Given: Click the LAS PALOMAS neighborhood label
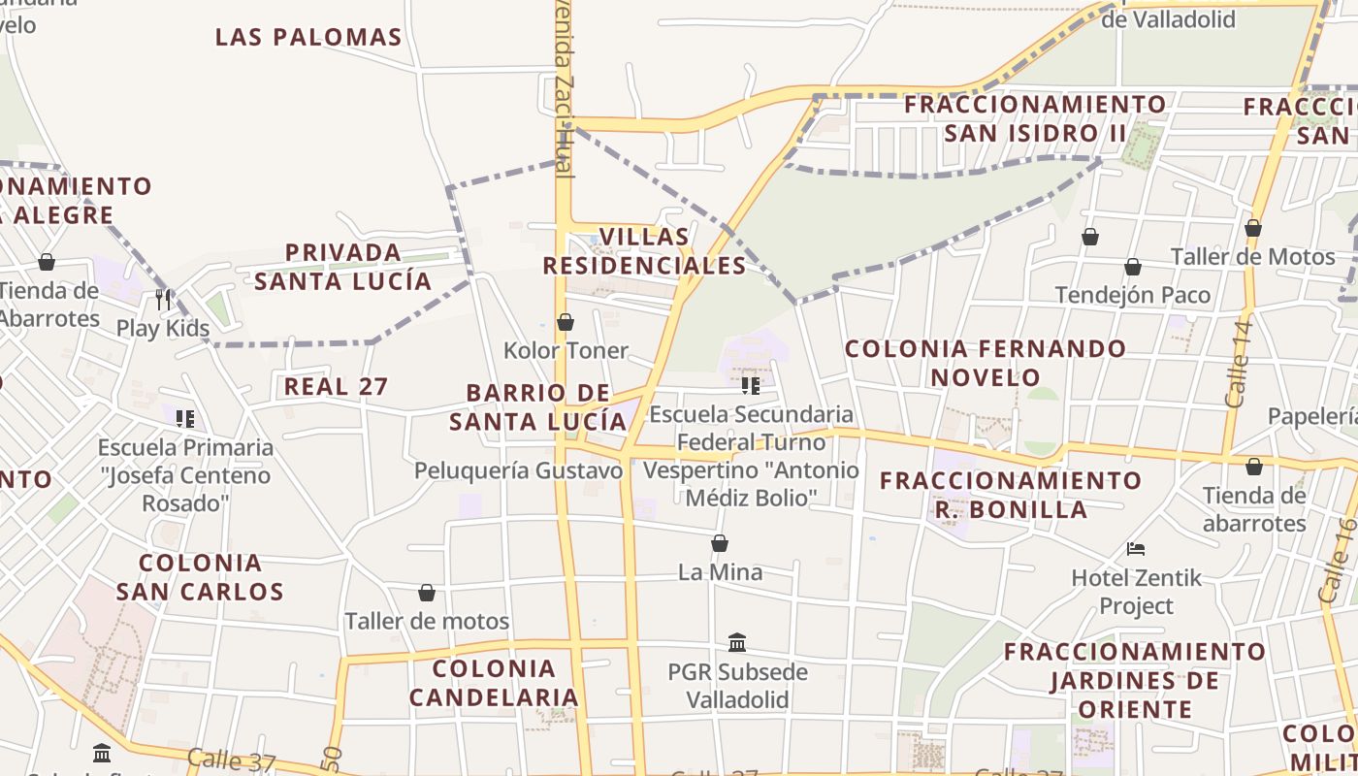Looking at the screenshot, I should (x=308, y=38).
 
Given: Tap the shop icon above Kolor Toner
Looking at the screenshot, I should (x=566, y=322).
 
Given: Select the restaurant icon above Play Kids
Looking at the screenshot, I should (x=163, y=300).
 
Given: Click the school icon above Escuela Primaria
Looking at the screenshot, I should (x=185, y=419).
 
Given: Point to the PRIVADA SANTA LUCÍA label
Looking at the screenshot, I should (x=342, y=267).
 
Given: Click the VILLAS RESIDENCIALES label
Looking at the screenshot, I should (x=644, y=251).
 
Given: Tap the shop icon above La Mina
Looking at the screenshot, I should (x=720, y=543).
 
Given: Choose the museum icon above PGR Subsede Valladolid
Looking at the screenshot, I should (x=737, y=642).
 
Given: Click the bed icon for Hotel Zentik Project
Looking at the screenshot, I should (x=1136, y=549).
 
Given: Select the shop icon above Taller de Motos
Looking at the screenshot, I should (x=1253, y=229).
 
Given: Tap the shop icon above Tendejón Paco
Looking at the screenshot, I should (x=1133, y=267).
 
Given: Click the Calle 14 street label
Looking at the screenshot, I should (x=1239, y=363).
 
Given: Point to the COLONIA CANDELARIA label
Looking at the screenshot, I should (x=494, y=683).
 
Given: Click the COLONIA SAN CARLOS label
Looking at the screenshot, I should (x=200, y=577).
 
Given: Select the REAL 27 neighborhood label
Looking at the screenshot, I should (x=336, y=387).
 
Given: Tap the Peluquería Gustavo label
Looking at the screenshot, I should (x=518, y=471).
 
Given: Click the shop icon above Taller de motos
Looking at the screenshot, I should (x=427, y=593).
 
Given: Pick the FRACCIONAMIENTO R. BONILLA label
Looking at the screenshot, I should (x=1011, y=495).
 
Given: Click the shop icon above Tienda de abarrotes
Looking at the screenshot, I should (x=1254, y=468).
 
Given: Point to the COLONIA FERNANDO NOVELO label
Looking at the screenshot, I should (x=986, y=363).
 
